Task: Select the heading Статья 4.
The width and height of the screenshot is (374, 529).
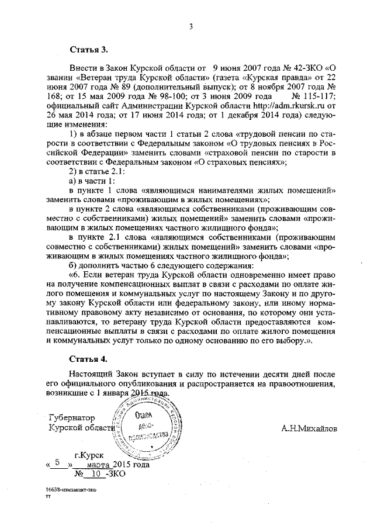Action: tap(86, 358)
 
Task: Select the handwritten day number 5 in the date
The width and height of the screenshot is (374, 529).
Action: tap(57, 462)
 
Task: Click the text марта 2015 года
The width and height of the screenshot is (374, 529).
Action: tap(117, 465)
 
